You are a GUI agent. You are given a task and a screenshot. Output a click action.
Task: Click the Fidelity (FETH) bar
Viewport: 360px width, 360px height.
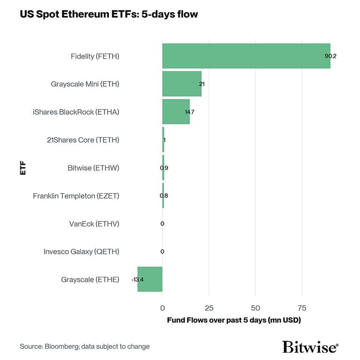coord(246,56)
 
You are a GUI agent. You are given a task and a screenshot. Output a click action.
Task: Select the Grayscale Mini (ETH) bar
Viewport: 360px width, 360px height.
coord(182,84)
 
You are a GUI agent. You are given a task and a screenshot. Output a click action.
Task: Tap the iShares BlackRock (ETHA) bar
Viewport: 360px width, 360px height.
coord(176,112)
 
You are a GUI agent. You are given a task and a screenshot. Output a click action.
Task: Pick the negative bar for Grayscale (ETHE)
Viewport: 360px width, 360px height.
coord(150,279)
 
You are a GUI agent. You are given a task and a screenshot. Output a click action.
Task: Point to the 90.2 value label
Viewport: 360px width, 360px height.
coord(330,56)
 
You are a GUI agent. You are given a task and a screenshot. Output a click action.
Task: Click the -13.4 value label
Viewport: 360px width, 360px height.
coord(137,280)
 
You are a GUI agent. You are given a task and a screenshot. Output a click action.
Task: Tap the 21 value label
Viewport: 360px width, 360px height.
coord(202,84)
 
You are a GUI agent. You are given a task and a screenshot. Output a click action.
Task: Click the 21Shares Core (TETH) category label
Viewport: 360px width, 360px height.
coord(83,140)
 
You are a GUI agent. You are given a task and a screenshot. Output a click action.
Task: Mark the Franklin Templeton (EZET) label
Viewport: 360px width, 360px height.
coord(76,196)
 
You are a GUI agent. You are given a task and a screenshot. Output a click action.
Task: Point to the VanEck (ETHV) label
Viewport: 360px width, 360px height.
coord(94,224)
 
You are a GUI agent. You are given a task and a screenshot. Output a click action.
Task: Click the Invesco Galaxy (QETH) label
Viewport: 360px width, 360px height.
coord(81,252)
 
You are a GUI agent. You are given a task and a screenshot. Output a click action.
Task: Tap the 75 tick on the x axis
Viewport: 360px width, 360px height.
coord(302,308)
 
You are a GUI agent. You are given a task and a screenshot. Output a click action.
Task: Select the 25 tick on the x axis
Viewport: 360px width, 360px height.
coord(209,308)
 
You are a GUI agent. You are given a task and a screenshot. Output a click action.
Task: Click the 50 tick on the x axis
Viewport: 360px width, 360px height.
coord(255,308)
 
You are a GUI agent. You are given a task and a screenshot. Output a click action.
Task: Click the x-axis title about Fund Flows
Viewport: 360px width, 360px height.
coord(233,320)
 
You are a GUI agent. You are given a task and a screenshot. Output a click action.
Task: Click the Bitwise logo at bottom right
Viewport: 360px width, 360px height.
coord(310,346)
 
